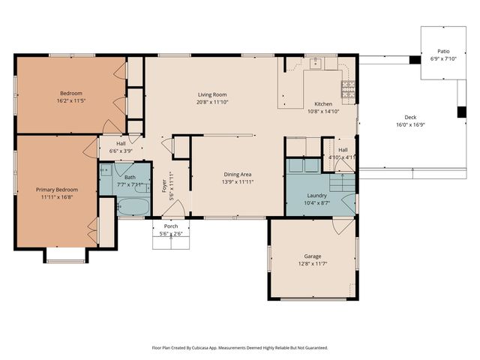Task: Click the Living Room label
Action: (x=213, y=94)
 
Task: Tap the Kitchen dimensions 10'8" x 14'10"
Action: (x=323, y=111)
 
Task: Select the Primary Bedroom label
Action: (x=56, y=190)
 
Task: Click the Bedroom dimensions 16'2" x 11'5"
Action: (x=72, y=101)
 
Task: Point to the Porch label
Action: (x=172, y=226)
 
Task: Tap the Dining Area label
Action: (x=238, y=174)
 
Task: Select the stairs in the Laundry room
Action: (x=342, y=181)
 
